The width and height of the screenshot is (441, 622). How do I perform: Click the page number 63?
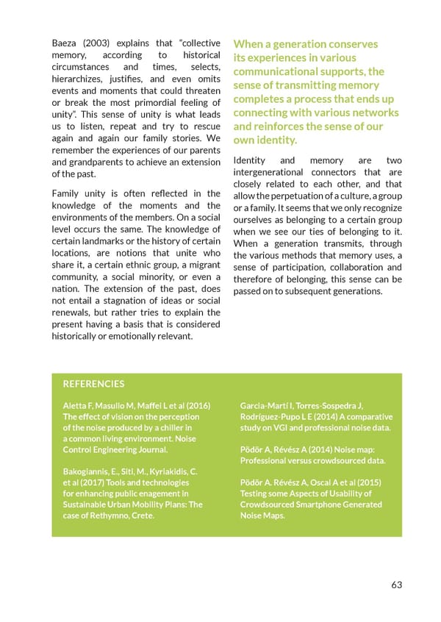tap(396, 585)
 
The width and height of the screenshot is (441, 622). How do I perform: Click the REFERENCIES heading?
tap(93, 384)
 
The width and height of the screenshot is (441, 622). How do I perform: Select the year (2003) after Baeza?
tap(106, 43)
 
